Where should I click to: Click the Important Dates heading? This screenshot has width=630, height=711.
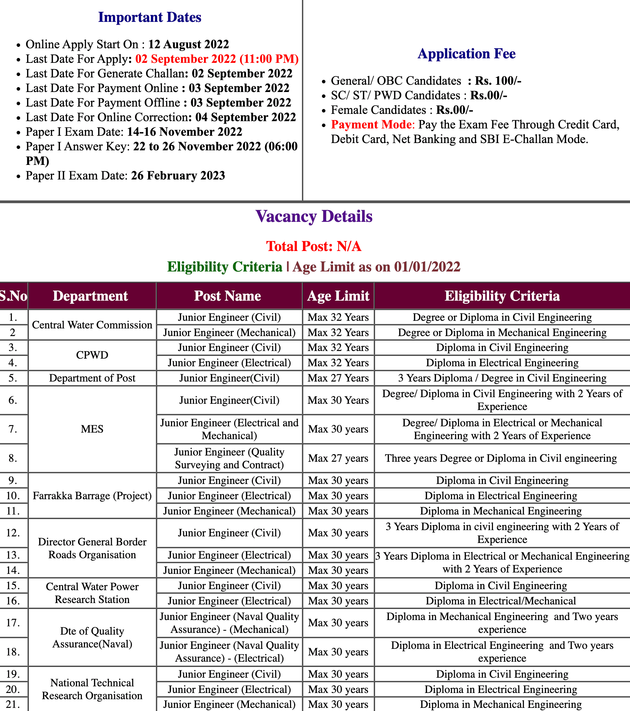click(150, 17)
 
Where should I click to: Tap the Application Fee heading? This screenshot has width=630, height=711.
click(466, 53)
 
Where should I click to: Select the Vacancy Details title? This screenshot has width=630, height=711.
click(314, 216)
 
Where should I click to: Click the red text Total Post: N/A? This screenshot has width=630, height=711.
click(314, 246)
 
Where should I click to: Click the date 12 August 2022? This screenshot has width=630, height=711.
click(188, 44)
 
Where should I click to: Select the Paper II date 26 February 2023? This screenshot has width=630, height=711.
click(178, 176)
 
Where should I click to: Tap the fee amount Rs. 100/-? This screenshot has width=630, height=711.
click(498, 81)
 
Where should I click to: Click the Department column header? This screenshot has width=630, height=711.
click(91, 296)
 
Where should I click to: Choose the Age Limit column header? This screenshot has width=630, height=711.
click(338, 296)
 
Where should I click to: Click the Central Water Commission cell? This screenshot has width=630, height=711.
click(92, 325)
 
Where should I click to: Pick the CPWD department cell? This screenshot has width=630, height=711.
click(92, 355)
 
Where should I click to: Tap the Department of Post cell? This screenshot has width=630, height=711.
click(92, 378)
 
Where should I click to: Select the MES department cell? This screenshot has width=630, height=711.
click(92, 429)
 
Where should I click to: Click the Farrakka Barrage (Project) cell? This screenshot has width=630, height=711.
click(92, 496)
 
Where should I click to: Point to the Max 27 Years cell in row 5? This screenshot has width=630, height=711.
click(338, 378)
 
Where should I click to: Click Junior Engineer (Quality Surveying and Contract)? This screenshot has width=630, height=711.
click(229, 458)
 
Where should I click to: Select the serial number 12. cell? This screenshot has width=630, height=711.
click(13, 533)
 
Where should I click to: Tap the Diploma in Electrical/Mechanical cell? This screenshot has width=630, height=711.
click(501, 601)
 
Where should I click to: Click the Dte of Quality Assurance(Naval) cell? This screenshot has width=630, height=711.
click(92, 637)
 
